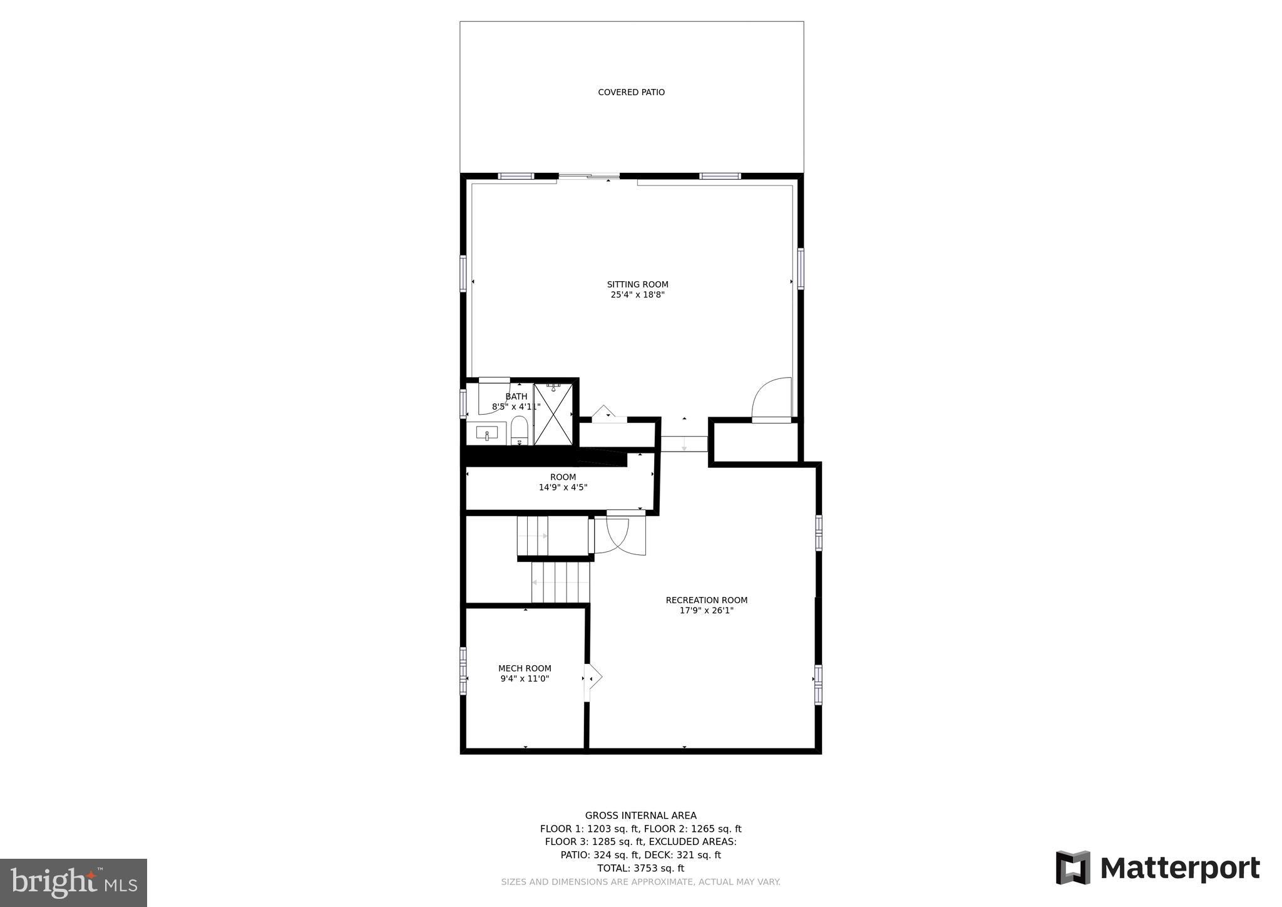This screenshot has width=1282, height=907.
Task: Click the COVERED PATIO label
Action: click(631, 93)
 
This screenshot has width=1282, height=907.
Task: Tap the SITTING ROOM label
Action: click(637, 284)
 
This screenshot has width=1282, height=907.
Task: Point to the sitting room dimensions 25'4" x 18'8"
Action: click(637, 295)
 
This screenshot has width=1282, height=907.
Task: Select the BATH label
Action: click(516, 396)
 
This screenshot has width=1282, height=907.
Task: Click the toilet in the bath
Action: click(520, 430)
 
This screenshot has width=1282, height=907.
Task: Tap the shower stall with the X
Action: click(553, 415)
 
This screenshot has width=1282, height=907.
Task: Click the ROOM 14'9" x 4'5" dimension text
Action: click(563, 487)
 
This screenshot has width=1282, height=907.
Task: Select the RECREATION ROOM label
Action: click(706, 600)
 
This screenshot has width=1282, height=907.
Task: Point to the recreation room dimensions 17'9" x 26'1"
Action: click(706, 611)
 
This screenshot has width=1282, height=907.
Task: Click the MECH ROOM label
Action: click(525, 668)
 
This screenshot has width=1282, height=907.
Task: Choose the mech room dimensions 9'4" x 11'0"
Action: click(525, 679)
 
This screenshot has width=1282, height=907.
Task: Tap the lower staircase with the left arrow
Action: click(561, 583)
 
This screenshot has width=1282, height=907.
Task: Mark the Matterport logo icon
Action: click(1073, 868)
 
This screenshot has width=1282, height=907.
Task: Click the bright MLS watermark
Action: click(73, 883)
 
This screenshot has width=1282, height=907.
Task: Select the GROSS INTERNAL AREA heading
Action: click(640, 816)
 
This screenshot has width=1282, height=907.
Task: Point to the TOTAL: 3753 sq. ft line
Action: click(640, 868)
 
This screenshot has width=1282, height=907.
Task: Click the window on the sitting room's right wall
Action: click(801, 269)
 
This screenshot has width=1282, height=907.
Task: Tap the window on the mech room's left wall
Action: click(463, 671)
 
